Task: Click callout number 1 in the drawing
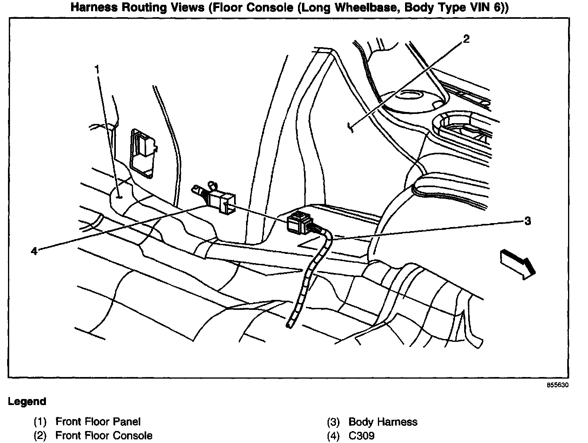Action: coord(97,69)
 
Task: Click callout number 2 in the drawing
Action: coord(466,39)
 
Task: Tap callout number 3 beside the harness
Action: coord(527,221)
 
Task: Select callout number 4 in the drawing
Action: coord(34,251)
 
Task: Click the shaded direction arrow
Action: coord(517,263)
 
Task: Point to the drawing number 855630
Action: coord(558,385)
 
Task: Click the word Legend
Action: coord(27,401)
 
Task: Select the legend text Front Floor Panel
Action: coord(98,421)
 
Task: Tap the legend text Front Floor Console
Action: coord(104,435)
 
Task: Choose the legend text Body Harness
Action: coord(383,422)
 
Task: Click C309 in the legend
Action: coord(362,435)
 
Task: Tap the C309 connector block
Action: coord(222,202)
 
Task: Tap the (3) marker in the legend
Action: coord(333,422)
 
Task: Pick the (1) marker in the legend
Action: coord(40,421)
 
